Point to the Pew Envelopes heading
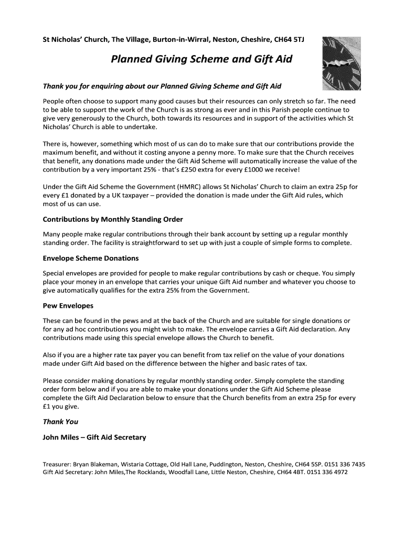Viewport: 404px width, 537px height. pos(68,305)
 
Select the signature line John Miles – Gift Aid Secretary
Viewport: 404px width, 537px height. pos(94,437)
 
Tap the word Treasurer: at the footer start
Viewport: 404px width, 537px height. pos(56,464)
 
